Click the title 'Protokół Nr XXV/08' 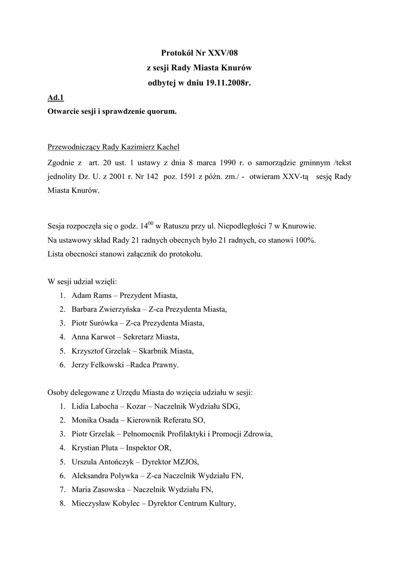tap(199, 53)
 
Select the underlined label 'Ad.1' tap(56, 98)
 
